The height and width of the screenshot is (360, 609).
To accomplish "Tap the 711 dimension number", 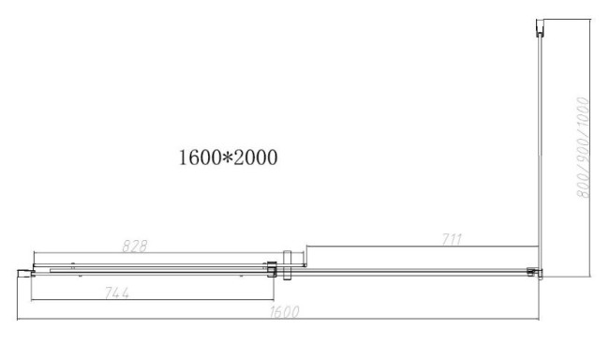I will coord(452,239).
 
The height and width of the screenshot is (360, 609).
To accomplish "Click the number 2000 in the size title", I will coord(253,157).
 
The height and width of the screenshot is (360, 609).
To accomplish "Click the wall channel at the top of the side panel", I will coord(541,25).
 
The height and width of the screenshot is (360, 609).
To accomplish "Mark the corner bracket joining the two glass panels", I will coord(535,273).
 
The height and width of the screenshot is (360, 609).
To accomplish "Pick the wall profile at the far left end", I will coord(25,272).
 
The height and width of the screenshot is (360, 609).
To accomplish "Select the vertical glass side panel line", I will coord(541,150).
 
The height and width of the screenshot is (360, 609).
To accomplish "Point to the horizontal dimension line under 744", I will coord(150,302).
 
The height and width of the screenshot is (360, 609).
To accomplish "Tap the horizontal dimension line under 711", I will coord(422,247).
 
